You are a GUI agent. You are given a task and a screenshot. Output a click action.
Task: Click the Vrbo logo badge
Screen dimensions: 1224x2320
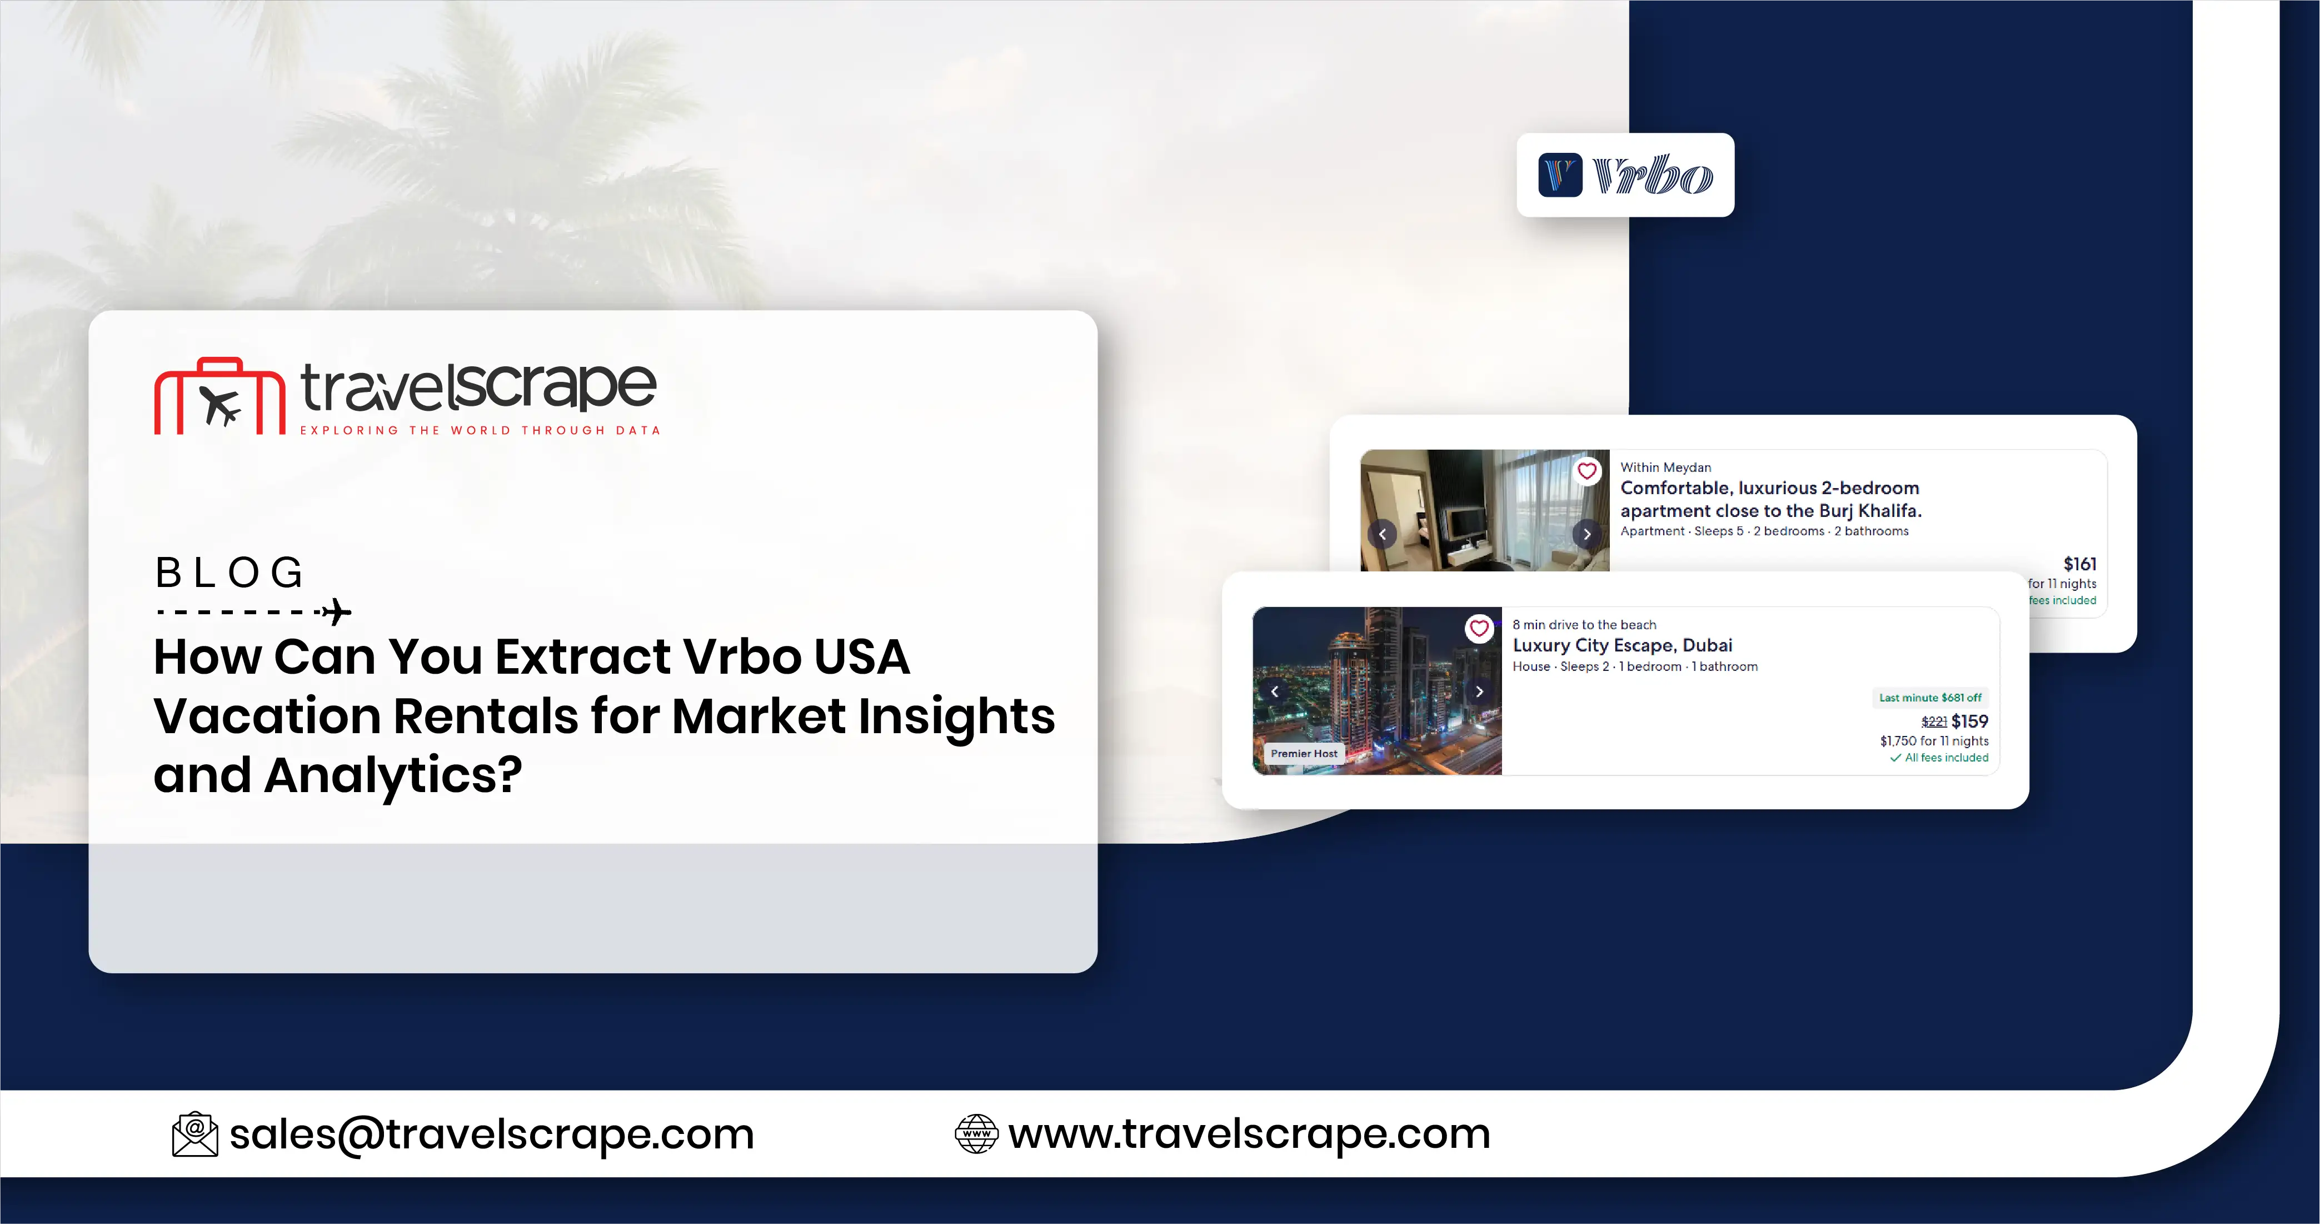point(1625,175)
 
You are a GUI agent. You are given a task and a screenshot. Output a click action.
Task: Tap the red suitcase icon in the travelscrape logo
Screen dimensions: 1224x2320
point(219,397)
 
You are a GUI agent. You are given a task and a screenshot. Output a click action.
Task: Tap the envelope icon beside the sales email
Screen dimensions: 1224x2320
point(194,1134)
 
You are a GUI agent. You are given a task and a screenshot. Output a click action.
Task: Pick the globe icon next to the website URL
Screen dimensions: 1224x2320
point(976,1134)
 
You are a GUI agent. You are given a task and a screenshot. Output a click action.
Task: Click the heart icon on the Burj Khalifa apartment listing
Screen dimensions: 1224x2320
point(1587,470)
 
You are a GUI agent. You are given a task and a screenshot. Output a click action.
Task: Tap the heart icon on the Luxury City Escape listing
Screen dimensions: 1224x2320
point(1479,628)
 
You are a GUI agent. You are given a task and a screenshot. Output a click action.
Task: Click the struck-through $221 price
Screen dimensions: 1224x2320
point(1934,722)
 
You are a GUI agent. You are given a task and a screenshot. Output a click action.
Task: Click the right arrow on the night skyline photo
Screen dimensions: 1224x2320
point(1479,691)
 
